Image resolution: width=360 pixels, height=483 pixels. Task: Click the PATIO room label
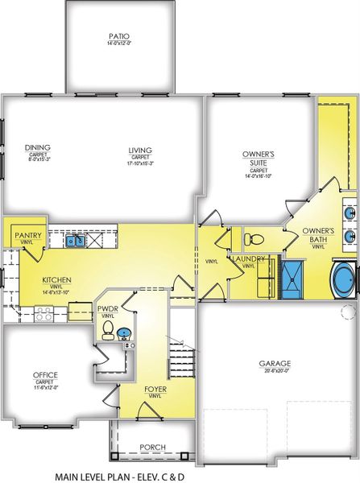point(118,36)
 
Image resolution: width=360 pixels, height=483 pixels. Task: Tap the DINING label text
point(37,148)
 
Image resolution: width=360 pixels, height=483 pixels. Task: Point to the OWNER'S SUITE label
point(259,157)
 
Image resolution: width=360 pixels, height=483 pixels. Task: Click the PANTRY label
point(22,234)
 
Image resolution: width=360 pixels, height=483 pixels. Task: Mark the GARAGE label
point(274,363)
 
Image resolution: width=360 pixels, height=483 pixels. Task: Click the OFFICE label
point(44,374)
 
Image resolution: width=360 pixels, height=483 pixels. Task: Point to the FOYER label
point(155,390)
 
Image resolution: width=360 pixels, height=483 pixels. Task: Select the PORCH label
point(152,448)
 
